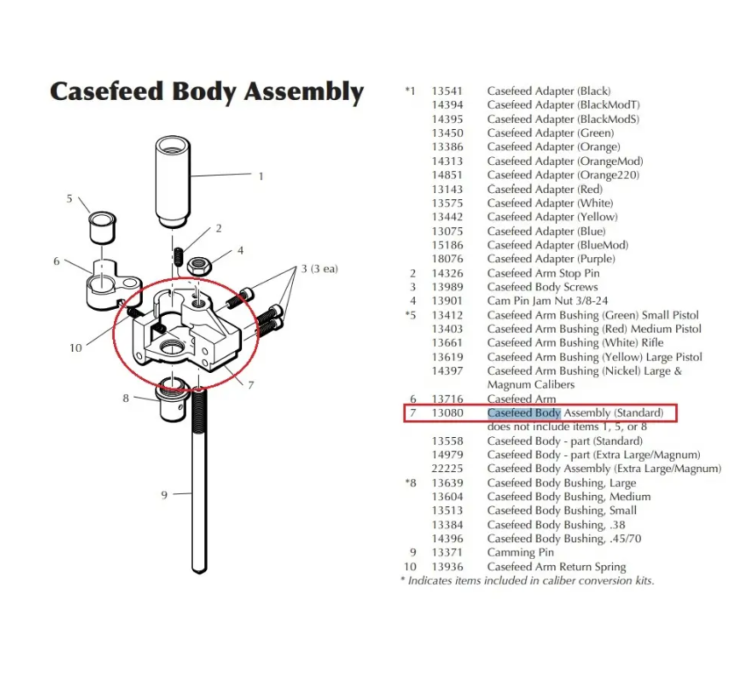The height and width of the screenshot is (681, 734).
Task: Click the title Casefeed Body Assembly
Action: (206, 91)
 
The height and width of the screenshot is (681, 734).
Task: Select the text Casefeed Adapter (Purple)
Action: (551, 259)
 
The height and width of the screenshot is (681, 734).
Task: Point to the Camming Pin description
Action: (522, 553)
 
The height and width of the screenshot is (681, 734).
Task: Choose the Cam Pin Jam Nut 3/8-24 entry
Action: (543, 301)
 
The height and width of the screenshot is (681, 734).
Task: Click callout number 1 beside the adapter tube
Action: (260, 176)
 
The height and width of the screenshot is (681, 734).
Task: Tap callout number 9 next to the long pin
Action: (164, 496)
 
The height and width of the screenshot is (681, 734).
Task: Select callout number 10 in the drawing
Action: (76, 348)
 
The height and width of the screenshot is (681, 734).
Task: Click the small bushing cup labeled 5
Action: (103, 228)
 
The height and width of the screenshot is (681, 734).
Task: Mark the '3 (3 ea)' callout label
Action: (319, 269)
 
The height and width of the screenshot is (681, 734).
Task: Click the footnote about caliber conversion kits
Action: (526, 581)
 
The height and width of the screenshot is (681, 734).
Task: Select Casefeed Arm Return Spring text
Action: (556, 567)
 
